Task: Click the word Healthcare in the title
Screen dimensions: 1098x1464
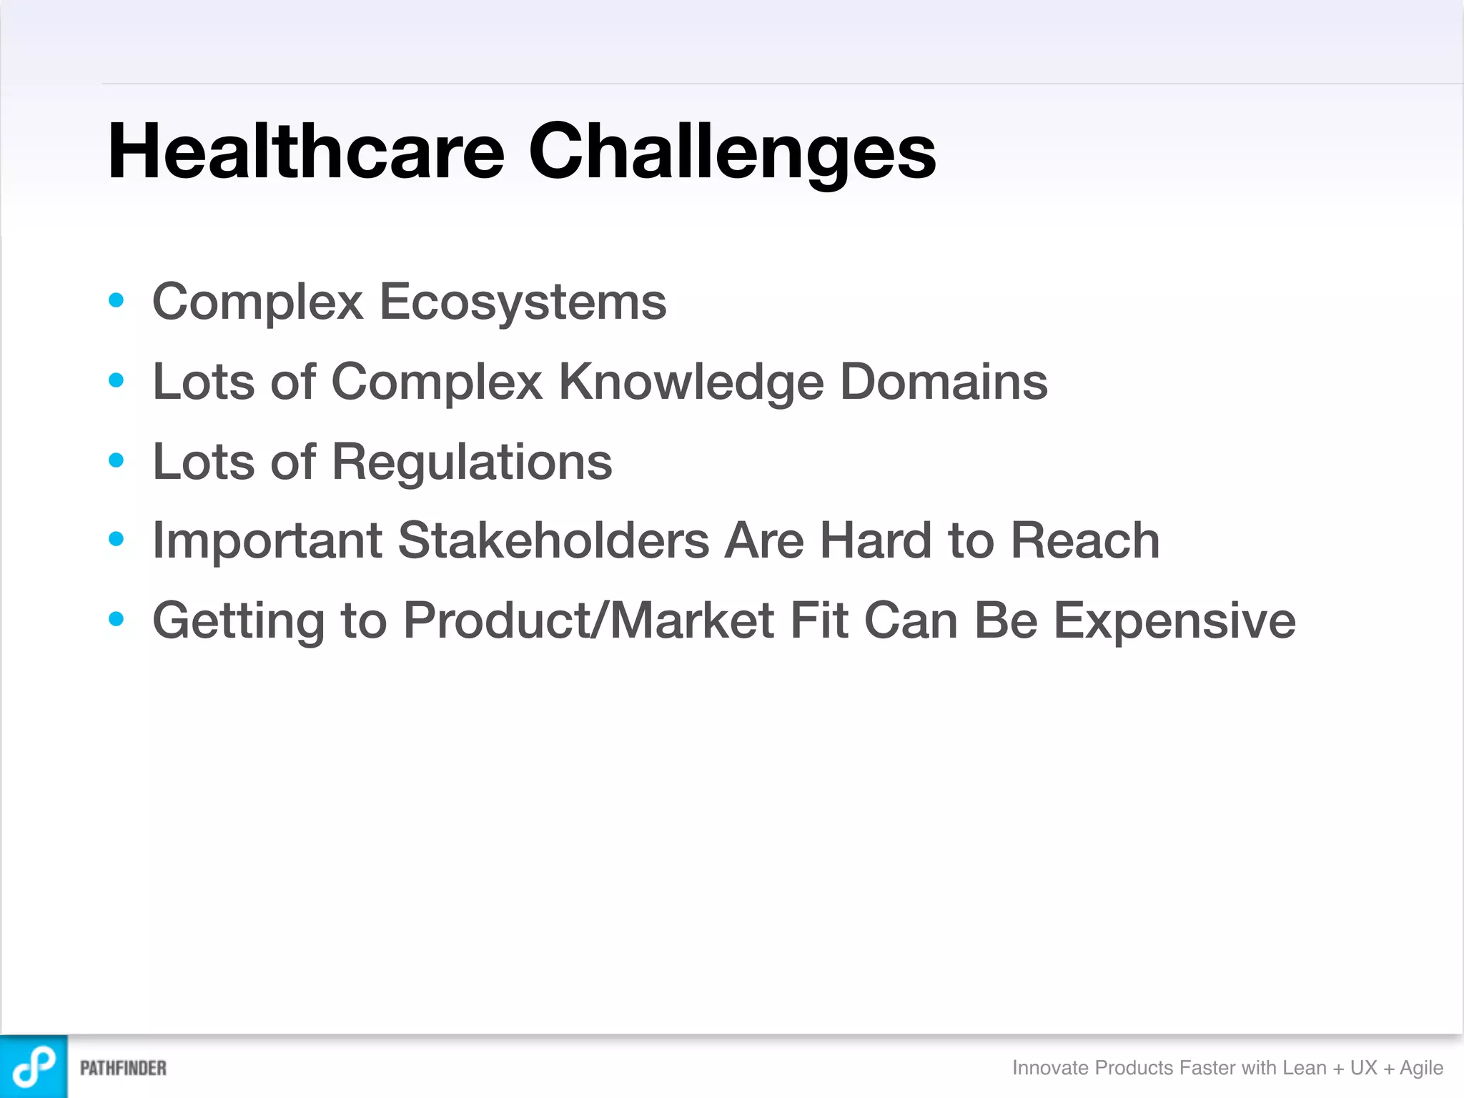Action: (x=306, y=152)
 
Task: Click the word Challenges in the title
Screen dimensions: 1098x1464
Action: (x=731, y=152)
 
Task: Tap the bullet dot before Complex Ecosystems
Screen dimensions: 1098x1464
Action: (x=116, y=300)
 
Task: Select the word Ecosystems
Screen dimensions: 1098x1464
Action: (x=523, y=302)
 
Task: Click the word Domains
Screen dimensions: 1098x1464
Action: (x=944, y=382)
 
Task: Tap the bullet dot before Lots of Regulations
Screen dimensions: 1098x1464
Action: (x=116, y=460)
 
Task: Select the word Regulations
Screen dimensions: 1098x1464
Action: (x=472, y=462)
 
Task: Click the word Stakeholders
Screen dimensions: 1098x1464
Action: (x=553, y=540)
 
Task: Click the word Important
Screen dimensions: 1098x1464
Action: (x=267, y=540)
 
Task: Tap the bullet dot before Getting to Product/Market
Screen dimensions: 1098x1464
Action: (x=116, y=619)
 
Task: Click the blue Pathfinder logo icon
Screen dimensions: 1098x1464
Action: (x=34, y=1067)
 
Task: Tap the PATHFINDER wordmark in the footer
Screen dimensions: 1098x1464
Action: (x=123, y=1068)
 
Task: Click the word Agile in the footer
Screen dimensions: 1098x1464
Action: (x=1421, y=1068)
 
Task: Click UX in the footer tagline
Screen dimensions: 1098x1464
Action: (x=1363, y=1068)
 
